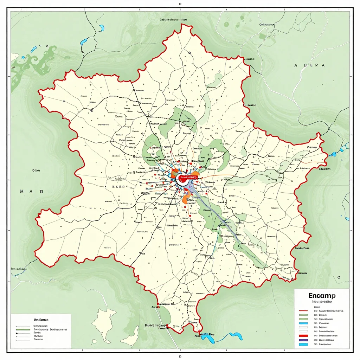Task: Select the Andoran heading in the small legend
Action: (41, 320)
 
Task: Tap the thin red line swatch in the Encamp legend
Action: (303, 311)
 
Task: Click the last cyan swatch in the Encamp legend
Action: (303, 345)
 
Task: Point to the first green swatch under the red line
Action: (303, 315)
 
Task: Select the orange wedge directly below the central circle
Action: (185, 199)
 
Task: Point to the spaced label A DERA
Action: (309, 65)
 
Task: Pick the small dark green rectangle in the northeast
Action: (262, 36)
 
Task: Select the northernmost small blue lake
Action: (102, 28)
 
